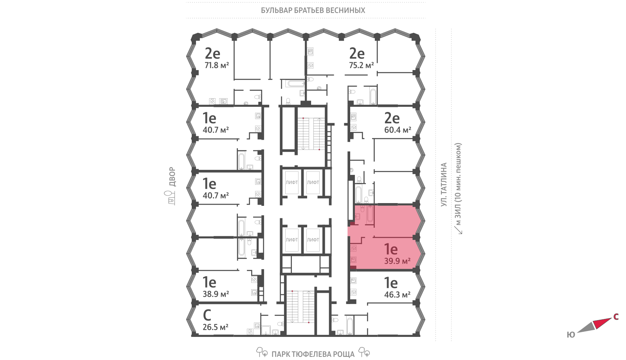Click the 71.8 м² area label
(x=217, y=65)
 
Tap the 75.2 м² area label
(x=362, y=65)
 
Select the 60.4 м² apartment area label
(x=398, y=130)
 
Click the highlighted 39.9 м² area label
(x=398, y=261)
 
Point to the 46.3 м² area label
(x=398, y=295)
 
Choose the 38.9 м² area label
(x=216, y=294)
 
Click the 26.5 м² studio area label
(x=216, y=327)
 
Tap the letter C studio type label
(x=207, y=315)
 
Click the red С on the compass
(x=616, y=317)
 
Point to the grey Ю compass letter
(x=571, y=335)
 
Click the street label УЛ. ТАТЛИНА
(x=444, y=184)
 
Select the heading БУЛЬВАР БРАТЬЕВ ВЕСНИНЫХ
(x=313, y=10)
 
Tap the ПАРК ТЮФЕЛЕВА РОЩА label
(x=313, y=355)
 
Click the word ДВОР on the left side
(x=173, y=177)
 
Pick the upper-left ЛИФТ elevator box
(x=292, y=182)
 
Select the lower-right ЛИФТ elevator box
(x=313, y=240)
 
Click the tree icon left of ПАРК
(x=262, y=352)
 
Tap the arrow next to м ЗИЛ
(x=458, y=230)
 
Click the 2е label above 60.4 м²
(x=392, y=118)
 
